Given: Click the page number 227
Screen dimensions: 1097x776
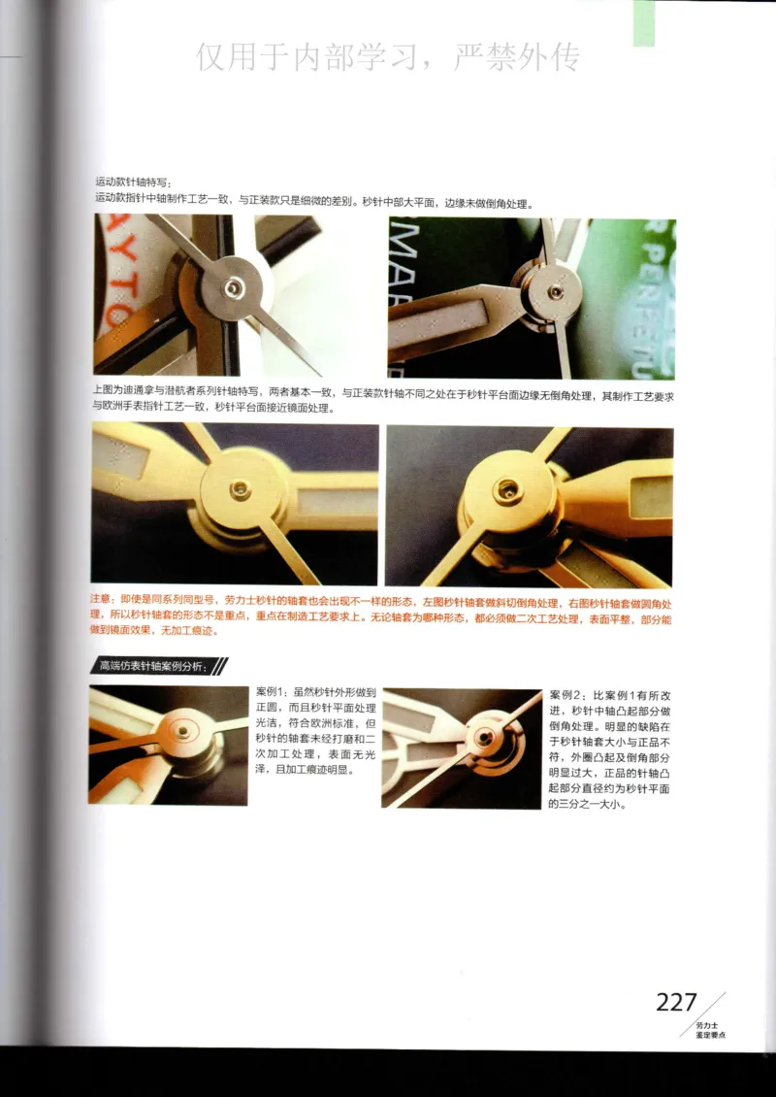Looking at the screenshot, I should click(677, 1001).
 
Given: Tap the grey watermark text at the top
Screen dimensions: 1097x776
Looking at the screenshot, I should click(388, 57).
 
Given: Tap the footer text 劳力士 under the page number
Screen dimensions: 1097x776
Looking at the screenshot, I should click(705, 1025).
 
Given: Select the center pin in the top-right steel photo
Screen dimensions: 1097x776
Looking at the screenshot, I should click(555, 291).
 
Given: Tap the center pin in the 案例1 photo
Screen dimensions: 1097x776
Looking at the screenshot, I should click(180, 728).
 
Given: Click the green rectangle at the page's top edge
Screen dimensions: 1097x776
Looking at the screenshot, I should click(657, 21).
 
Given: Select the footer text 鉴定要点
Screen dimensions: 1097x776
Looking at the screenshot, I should click(711, 1036).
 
